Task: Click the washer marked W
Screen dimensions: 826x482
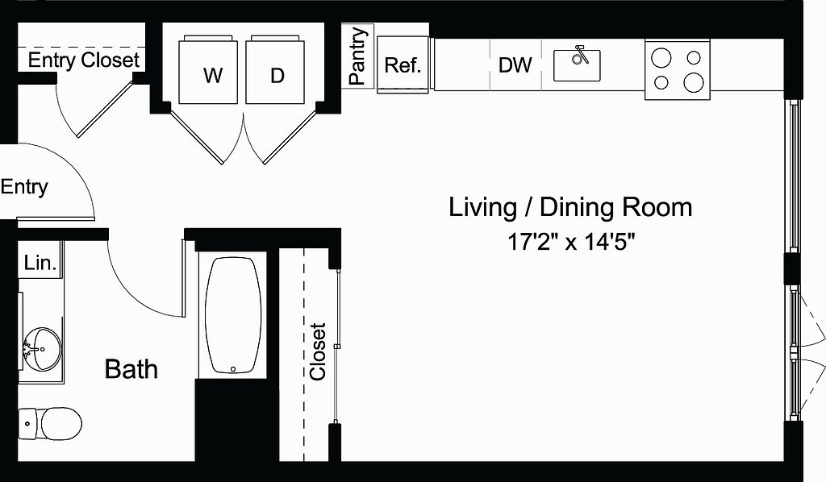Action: pyautogui.click(x=208, y=69)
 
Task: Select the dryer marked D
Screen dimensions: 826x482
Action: pyautogui.click(x=275, y=69)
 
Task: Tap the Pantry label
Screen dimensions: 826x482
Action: pyautogui.click(x=357, y=56)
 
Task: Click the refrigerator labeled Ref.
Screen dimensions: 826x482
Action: pyautogui.click(x=403, y=64)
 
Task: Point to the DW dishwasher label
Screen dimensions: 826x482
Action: pyautogui.click(x=515, y=65)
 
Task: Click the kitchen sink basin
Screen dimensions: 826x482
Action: pyautogui.click(x=577, y=66)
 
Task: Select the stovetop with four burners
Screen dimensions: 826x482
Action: pyautogui.click(x=678, y=69)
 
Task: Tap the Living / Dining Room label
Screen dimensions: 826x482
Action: pyautogui.click(x=570, y=207)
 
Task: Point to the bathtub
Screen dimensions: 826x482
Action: pyautogui.click(x=233, y=315)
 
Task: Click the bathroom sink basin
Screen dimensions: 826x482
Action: pyautogui.click(x=42, y=348)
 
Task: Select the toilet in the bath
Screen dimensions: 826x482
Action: pyautogui.click(x=50, y=423)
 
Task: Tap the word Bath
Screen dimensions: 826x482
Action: pyautogui.click(x=131, y=369)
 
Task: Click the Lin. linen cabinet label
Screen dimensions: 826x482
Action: pyautogui.click(x=40, y=262)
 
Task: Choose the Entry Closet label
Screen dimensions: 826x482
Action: pyautogui.click(x=84, y=60)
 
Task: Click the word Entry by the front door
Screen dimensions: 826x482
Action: pyautogui.click(x=24, y=187)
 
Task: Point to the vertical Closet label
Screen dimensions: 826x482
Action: pyautogui.click(x=318, y=351)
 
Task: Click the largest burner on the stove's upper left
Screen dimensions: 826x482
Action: pyautogui.click(x=661, y=57)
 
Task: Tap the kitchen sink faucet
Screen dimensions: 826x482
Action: pyautogui.click(x=579, y=54)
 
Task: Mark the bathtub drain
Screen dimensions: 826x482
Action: pyautogui.click(x=233, y=369)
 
